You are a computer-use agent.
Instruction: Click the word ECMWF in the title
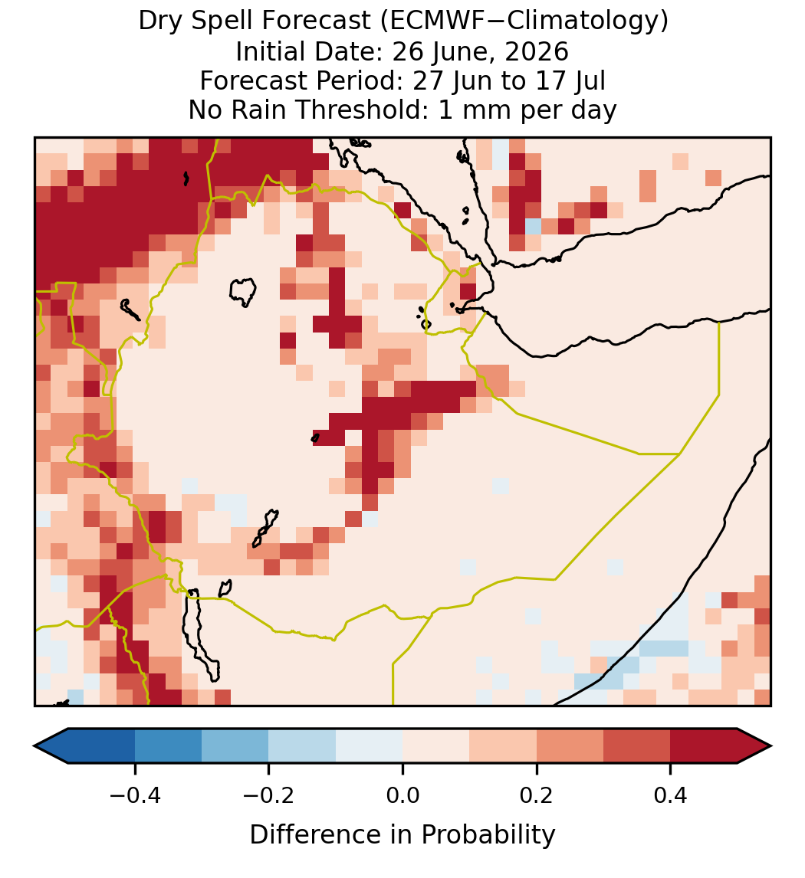coord(429,21)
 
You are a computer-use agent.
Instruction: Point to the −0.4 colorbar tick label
coord(135,794)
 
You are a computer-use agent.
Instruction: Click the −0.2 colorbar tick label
coord(269,794)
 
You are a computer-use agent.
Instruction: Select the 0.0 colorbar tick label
coord(402,794)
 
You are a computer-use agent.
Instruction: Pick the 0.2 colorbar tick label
coord(537,794)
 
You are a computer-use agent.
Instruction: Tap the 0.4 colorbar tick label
coord(671,794)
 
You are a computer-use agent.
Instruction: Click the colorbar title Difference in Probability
coord(402,835)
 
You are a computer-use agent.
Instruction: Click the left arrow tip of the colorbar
coord(34,746)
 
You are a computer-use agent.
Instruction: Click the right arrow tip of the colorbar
coord(771,746)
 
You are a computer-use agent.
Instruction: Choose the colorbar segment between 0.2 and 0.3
coord(570,746)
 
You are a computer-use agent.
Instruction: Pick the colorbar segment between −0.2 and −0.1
coord(303,746)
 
